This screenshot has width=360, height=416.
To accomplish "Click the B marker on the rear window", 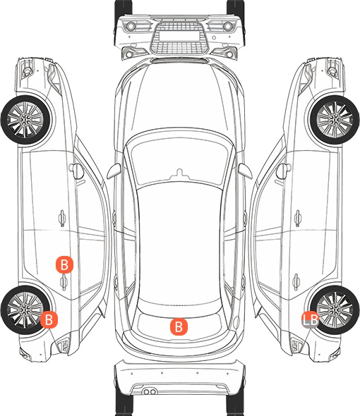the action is click(x=179, y=326).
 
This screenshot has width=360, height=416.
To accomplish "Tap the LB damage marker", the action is click(x=310, y=320).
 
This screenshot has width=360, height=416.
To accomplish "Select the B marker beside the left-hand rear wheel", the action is click(x=49, y=319).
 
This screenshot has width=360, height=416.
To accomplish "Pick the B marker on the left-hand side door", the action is click(x=64, y=264).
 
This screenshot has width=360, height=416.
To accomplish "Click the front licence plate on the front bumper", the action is click(x=179, y=36).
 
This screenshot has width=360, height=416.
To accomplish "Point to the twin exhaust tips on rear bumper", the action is click(x=150, y=391).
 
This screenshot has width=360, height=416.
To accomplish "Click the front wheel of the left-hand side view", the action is click(x=26, y=120).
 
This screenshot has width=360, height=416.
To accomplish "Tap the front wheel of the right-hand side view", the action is click(x=335, y=120).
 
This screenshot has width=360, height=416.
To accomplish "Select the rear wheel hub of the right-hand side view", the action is click(x=335, y=310).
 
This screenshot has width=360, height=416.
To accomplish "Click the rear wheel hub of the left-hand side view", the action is click(x=25, y=310).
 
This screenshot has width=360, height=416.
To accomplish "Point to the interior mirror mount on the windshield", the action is click(x=179, y=173).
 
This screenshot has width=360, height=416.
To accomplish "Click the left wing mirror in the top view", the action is click(x=114, y=171).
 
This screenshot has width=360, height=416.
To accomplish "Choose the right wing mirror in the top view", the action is click(x=245, y=171).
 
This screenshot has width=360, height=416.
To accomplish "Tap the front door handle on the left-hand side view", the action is click(x=62, y=218).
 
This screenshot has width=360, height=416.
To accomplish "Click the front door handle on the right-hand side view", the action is click(x=298, y=218).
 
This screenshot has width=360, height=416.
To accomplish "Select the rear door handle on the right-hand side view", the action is click(x=296, y=282).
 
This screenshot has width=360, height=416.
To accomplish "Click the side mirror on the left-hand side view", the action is click(x=76, y=171).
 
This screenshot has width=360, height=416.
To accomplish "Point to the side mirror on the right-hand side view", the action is click(x=284, y=171).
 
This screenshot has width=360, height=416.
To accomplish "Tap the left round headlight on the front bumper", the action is click(x=131, y=26).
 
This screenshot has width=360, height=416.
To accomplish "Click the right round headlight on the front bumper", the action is click(x=228, y=26).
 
